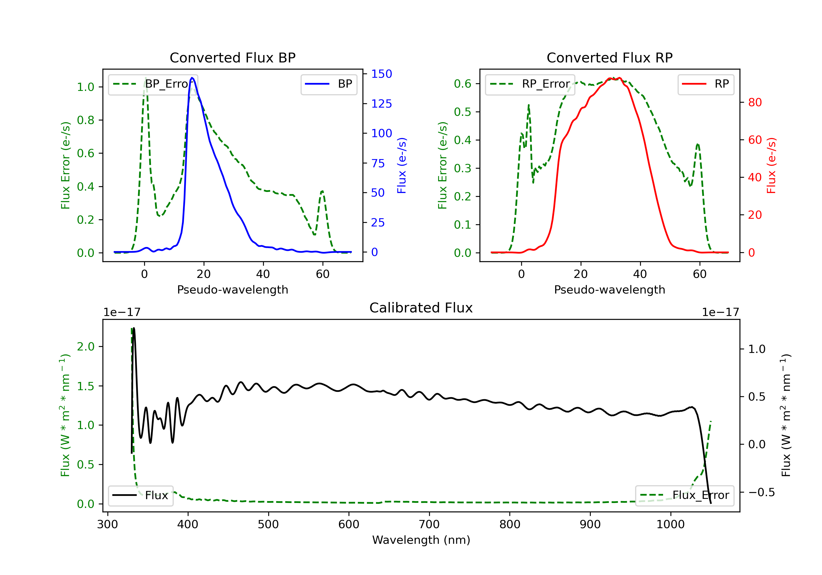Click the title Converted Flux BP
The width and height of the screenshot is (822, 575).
[x=232, y=58]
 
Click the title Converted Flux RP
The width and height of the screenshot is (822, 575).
[x=609, y=58]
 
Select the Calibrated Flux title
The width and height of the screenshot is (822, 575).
[x=421, y=308]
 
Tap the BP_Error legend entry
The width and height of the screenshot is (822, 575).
[x=153, y=84]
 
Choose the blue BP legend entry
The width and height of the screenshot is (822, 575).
[x=329, y=84]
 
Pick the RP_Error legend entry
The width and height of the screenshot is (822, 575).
[x=530, y=84]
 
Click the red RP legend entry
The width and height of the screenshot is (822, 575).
[x=706, y=84]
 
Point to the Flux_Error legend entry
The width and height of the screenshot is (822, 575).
[x=684, y=495]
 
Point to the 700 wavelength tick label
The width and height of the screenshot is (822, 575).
[x=429, y=525]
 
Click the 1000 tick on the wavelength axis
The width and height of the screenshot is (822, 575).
[x=670, y=525]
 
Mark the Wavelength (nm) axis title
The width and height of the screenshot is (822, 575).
[x=421, y=540]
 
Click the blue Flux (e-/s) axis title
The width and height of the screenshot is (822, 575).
[x=402, y=165]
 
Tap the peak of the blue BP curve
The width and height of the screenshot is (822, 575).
[x=192, y=78]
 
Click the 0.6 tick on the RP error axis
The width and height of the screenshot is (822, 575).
[x=463, y=84]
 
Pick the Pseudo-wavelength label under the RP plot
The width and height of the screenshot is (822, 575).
[x=609, y=289]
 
